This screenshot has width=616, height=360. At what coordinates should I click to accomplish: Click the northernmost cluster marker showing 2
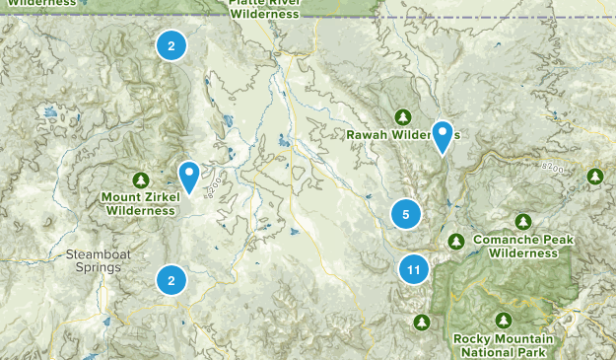coord(171,45)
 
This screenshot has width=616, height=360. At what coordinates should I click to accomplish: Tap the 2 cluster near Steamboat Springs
coord(171,280)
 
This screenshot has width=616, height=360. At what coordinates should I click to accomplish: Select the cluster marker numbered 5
coord(405,213)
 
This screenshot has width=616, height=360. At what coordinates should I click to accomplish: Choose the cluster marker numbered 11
coord(415,268)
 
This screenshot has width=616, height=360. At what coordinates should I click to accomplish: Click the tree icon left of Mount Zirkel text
coord(141,180)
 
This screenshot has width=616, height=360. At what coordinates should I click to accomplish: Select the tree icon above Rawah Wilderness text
coord(402,116)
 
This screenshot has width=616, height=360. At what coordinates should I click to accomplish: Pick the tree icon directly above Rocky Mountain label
coord(504,321)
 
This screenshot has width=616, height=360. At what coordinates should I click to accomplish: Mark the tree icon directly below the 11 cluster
coord(423,322)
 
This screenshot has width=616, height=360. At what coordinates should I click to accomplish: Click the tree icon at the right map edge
coord(595,177)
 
